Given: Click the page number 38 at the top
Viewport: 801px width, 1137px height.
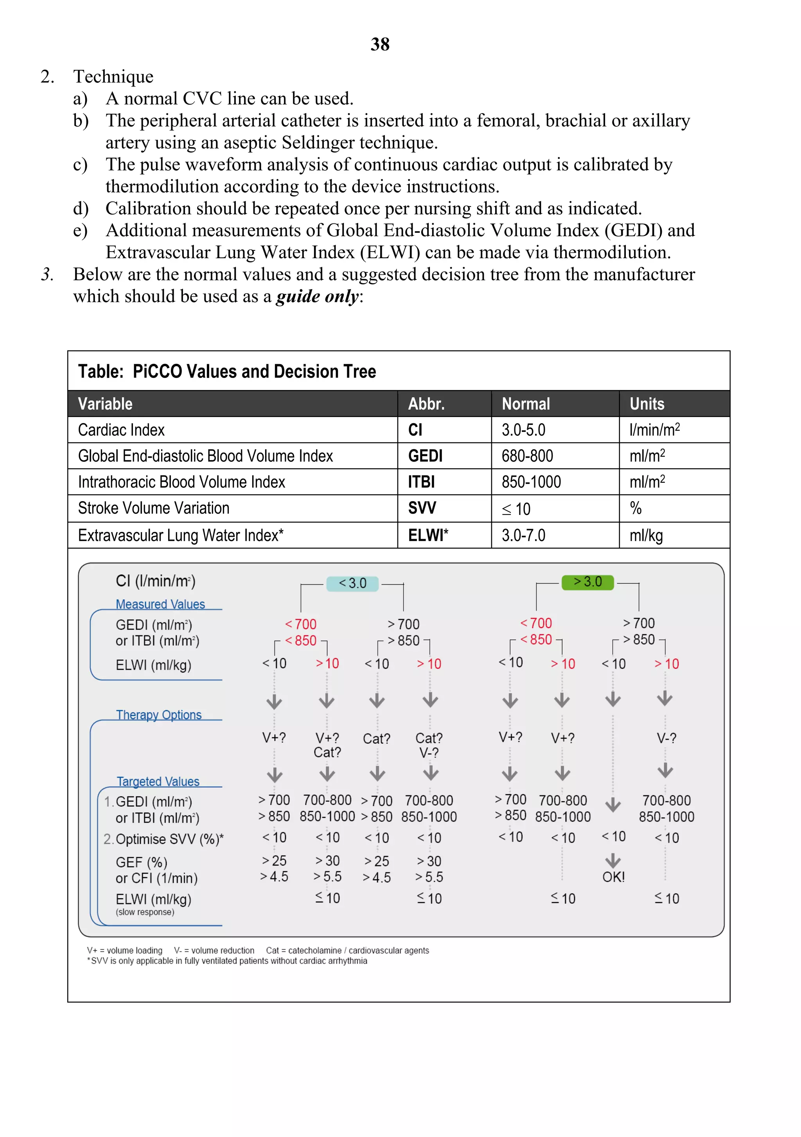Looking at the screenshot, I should (x=380, y=44).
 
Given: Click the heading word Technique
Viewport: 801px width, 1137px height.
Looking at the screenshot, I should (x=113, y=77).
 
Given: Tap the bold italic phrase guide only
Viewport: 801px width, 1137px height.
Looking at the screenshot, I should (x=317, y=297).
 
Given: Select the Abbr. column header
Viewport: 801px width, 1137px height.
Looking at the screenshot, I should (x=426, y=404).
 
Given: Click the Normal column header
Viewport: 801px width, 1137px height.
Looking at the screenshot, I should (x=525, y=404).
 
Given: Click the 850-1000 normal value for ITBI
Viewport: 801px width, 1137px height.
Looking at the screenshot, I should (x=531, y=482).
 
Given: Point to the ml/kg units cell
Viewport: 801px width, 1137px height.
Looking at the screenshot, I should (x=646, y=535).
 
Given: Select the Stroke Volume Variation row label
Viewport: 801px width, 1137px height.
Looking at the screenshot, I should (x=153, y=508).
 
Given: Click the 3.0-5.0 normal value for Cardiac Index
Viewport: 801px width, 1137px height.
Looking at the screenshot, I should (x=523, y=430).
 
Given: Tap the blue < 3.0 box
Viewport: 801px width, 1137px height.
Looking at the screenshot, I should (x=352, y=583).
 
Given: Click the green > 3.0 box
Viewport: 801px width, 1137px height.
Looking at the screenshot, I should (x=587, y=582).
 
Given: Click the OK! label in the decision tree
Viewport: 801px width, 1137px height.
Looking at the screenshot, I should (x=613, y=877).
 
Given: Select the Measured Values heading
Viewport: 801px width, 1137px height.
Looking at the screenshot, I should (x=160, y=604).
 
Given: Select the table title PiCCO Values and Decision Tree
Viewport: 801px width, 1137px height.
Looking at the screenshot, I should (x=227, y=371).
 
